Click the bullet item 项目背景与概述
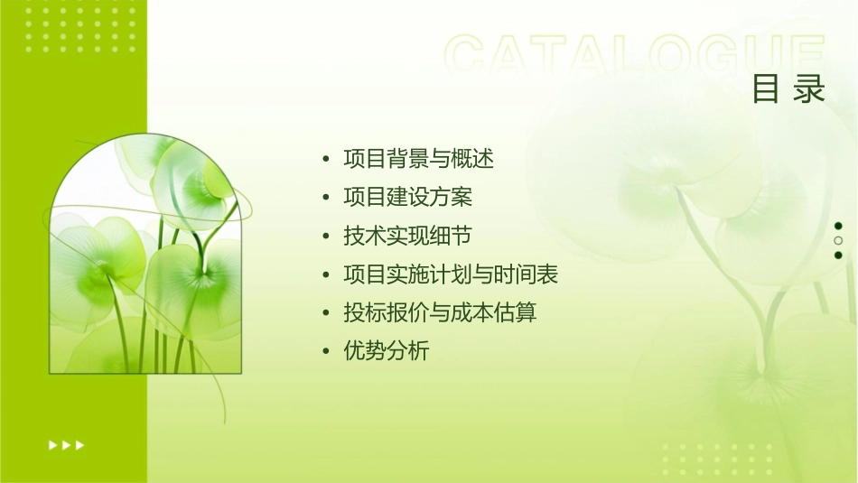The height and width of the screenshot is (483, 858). pyautogui.click(x=419, y=159)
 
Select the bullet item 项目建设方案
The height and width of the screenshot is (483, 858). pyautogui.click(x=408, y=198)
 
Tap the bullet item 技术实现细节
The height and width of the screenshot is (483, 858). pyautogui.click(x=408, y=237)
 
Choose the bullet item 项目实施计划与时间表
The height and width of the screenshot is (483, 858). pyautogui.click(x=457, y=274)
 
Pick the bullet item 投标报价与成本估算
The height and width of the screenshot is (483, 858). pyautogui.click(x=441, y=313)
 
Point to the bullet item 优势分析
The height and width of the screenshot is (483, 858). pyautogui.click(x=387, y=351)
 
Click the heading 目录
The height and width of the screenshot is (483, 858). pyautogui.click(x=789, y=89)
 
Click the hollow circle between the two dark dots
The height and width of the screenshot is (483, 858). pyautogui.click(x=838, y=241)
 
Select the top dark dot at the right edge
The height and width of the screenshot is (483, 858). pyautogui.click(x=838, y=226)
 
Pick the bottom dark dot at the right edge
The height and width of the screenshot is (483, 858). pyautogui.click(x=838, y=255)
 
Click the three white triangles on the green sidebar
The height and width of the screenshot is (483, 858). pyautogui.click(x=67, y=444)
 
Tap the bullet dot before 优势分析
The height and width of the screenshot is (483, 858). pyautogui.click(x=326, y=352)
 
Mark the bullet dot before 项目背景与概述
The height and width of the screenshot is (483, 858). pyautogui.click(x=326, y=160)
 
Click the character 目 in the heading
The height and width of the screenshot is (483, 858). pyautogui.click(x=767, y=89)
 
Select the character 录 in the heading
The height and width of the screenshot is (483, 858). pyautogui.click(x=811, y=89)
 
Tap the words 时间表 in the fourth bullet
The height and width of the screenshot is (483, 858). pyautogui.click(x=537, y=274)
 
